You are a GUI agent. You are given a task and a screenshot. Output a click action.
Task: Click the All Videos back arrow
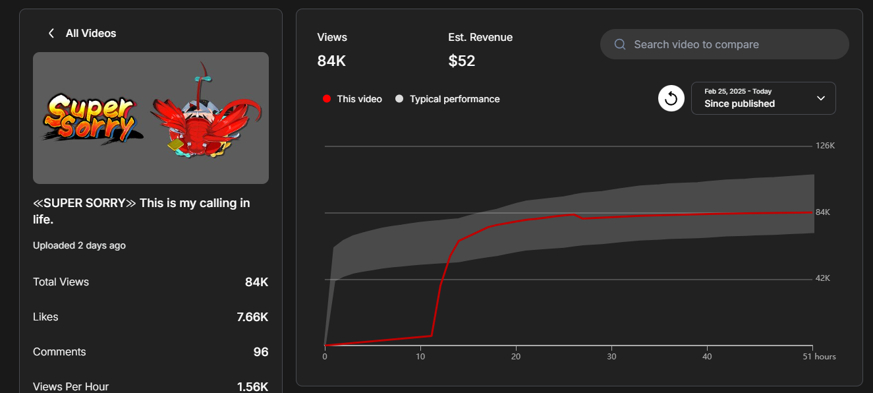pyautogui.click(x=51, y=34)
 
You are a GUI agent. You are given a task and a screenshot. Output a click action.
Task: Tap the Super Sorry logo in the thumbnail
pyautogui.click(x=90, y=117)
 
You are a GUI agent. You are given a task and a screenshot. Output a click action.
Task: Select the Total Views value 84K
pyautogui.click(x=256, y=282)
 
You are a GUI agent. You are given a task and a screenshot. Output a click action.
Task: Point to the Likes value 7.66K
pyautogui.click(x=252, y=317)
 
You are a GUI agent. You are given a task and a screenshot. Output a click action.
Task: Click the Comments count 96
pyautogui.click(x=261, y=352)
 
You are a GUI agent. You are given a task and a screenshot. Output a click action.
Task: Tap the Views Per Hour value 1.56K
pyautogui.click(x=252, y=386)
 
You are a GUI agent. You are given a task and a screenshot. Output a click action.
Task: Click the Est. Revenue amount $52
pyautogui.click(x=462, y=61)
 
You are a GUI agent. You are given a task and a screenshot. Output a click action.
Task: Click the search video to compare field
pyautogui.click(x=725, y=45)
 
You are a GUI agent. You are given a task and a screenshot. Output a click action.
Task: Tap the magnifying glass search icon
pyautogui.click(x=620, y=45)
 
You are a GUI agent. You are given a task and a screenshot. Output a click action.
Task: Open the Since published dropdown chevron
pyautogui.click(x=821, y=98)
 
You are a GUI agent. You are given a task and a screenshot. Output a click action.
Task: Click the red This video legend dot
pyautogui.click(x=326, y=99)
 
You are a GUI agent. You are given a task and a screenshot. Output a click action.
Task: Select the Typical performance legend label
pyautogui.click(x=455, y=99)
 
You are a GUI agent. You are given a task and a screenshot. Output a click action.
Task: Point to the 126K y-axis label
pyautogui.click(x=825, y=146)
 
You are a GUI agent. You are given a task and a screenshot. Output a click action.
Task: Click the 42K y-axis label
pyautogui.click(x=823, y=278)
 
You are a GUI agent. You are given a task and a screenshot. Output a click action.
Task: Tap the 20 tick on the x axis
pyautogui.click(x=517, y=357)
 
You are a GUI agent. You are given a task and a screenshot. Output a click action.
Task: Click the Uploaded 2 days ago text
pyautogui.click(x=79, y=245)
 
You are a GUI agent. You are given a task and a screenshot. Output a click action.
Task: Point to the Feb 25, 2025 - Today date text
pyautogui.click(x=738, y=92)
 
